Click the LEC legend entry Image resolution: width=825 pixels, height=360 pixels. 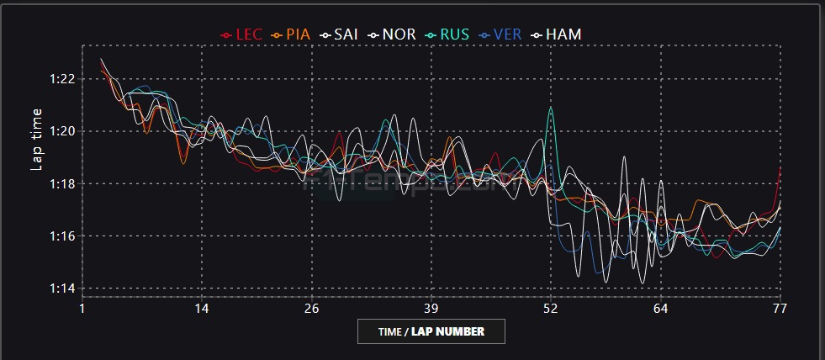pyautogui.click(x=242, y=34)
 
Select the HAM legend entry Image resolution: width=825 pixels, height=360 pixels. pyautogui.click(x=557, y=34)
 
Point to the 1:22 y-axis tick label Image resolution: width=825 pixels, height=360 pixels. pyautogui.click(x=64, y=79)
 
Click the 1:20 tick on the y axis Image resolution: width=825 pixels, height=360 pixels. pyautogui.click(x=64, y=131)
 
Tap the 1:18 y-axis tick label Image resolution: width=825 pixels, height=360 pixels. pyautogui.click(x=64, y=183)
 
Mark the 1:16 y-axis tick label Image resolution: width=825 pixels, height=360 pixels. pyautogui.click(x=64, y=236)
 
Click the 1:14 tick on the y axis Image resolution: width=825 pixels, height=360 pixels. pyautogui.click(x=64, y=289)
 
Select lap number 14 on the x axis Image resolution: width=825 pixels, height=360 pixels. pyautogui.click(x=202, y=309)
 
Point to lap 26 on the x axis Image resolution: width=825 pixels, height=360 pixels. pyautogui.click(x=313, y=309)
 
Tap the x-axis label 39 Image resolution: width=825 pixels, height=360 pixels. pyautogui.click(x=432, y=309)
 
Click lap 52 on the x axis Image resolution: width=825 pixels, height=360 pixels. pyautogui.click(x=551, y=309)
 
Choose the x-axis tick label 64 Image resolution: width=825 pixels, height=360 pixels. pyautogui.click(x=662, y=309)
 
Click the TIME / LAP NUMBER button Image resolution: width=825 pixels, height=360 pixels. pyautogui.click(x=431, y=331)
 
